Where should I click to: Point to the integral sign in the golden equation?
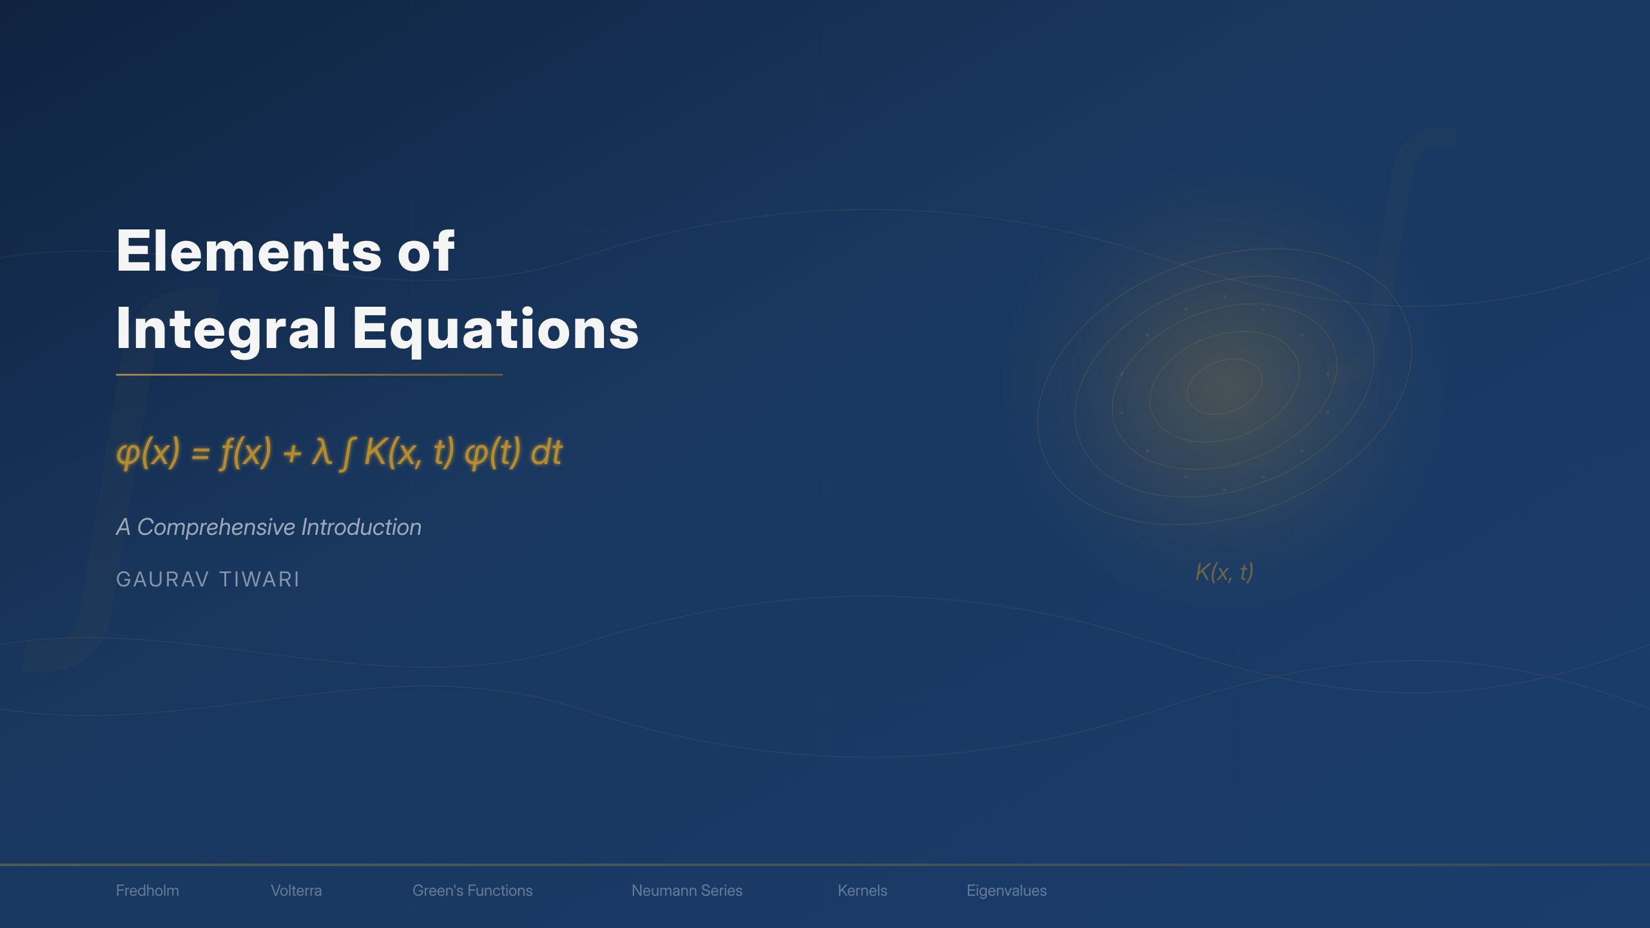(347, 452)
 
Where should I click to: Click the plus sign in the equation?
(292, 453)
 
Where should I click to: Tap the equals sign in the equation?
(200, 453)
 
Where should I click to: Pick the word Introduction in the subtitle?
(361, 527)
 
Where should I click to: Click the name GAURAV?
(162, 579)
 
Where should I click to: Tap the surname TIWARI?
(259, 579)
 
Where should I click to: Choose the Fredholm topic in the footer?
(148, 891)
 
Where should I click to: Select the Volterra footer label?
(296, 891)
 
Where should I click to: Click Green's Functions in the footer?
(472, 891)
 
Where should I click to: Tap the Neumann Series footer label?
(686, 891)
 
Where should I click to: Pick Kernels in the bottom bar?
(862, 891)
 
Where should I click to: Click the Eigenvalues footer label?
(1006, 891)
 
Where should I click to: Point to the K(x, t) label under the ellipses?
(1224, 572)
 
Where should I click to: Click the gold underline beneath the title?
(309, 374)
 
